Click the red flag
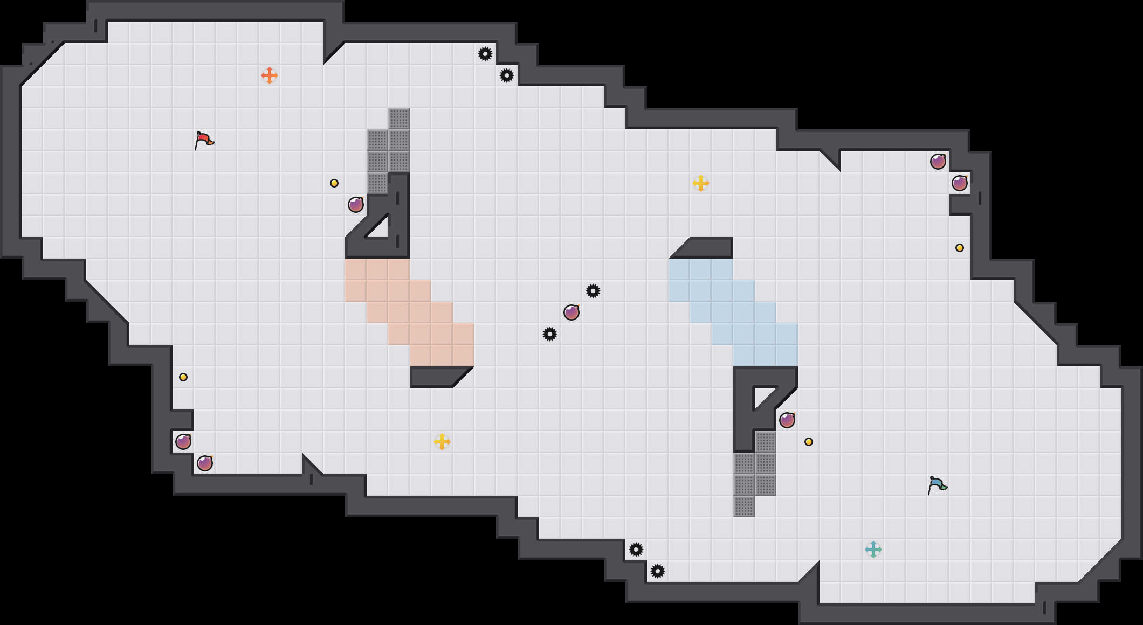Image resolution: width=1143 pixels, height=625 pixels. click(x=204, y=140)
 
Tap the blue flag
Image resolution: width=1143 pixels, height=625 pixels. click(x=937, y=485)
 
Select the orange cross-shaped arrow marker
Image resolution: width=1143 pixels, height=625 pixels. click(x=270, y=75)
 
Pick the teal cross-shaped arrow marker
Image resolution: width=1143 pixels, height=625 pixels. click(x=873, y=550)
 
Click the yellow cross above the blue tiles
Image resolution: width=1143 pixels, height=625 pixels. click(x=701, y=183)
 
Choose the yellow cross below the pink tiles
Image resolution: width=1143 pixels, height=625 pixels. click(x=442, y=442)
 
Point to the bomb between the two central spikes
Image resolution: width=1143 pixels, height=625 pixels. click(x=571, y=313)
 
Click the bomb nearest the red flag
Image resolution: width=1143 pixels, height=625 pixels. click(x=356, y=205)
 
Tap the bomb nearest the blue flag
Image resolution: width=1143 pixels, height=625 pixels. click(x=787, y=420)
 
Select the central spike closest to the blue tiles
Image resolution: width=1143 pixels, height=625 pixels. click(x=593, y=291)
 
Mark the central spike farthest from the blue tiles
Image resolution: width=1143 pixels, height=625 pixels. click(x=550, y=334)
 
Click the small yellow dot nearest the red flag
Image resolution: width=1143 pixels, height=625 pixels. click(x=334, y=183)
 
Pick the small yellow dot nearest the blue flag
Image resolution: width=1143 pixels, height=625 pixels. click(x=809, y=442)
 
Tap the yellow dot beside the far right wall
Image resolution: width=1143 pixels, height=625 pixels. click(x=960, y=248)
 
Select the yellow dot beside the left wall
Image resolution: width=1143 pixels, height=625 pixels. click(x=183, y=377)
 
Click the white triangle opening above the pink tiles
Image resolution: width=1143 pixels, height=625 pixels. click(x=380, y=229)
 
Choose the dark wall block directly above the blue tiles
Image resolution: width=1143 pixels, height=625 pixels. click(x=706, y=248)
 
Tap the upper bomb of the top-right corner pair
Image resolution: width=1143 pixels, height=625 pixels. click(x=938, y=162)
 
